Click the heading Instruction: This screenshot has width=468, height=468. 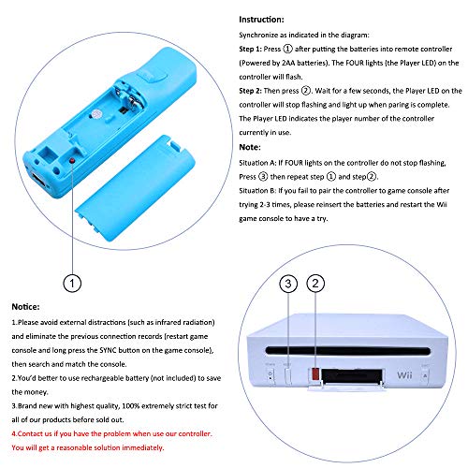(261, 20)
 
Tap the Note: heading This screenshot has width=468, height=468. (250, 147)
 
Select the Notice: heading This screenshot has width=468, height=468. (25, 307)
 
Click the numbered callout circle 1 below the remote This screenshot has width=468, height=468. (72, 284)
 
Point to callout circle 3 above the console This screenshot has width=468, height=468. (288, 284)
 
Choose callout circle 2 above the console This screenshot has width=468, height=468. (315, 284)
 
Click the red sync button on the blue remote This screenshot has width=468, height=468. (72, 160)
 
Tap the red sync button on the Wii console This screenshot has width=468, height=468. (315, 373)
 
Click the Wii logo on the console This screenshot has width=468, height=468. (404, 374)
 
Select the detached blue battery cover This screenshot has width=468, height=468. (135, 188)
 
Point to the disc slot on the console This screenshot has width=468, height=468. (347, 350)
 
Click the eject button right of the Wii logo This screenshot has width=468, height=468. (425, 375)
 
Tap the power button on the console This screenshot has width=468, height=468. (271, 375)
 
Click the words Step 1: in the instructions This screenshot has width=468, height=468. (250, 49)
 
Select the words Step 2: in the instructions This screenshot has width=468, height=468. (250, 91)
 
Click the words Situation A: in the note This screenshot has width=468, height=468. (257, 163)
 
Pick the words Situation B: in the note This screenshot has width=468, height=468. (257, 191)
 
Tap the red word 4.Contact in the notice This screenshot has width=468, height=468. (28, 433)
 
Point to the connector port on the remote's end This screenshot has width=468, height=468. (38, 181)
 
